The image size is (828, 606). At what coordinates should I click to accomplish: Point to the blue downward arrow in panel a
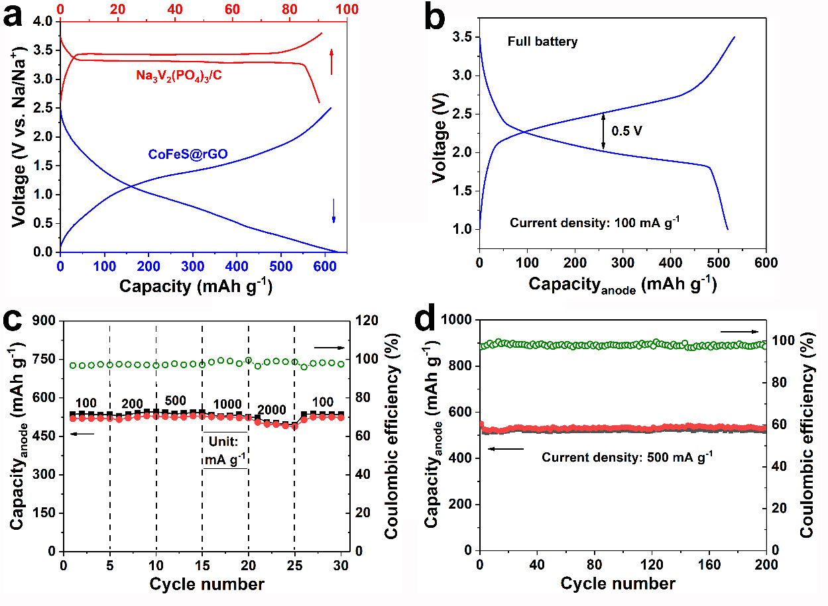[x=333, y=211]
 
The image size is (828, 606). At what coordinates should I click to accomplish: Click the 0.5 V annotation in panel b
[x=627, y=130]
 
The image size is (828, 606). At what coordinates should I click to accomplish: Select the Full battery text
[x=542, y=42]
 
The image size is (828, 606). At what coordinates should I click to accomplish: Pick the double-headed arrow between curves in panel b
[x=603, y=130]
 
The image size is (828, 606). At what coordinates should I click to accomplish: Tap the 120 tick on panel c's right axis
[x=366, y=321]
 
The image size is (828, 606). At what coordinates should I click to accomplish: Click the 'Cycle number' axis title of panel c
[x=207, y=584]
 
